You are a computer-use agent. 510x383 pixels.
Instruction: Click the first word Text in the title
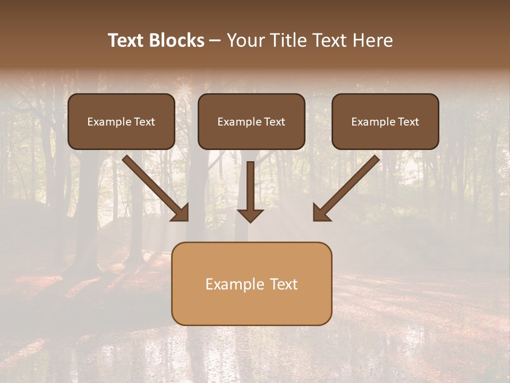[127, 40]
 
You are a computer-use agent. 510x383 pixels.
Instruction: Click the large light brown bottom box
[251, 306]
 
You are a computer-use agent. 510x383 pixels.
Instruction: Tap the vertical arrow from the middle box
[250, 186]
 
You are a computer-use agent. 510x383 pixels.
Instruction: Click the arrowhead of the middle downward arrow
[250, 215]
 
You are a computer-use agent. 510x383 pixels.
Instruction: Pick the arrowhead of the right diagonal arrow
[321, 213]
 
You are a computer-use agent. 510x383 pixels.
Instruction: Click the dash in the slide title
[215, 40]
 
